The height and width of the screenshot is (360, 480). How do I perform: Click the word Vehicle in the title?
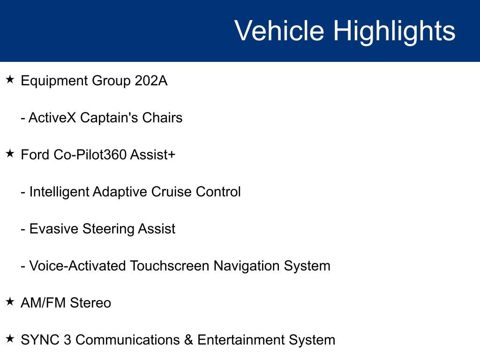pyautogui.click(x=279, y=31)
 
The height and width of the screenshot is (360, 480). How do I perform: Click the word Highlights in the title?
pyautogui.click(x=394, y=31)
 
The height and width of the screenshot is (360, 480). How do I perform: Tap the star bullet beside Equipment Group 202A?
pyautogui.click(x=10, y=80)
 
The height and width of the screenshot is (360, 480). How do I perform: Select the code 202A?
pyautogui.click(x=151, y=81)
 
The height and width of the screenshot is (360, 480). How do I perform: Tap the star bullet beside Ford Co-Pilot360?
pyautogui.click(x=10, y=153)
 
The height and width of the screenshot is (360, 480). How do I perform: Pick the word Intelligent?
pyautogui.click(x=59, y=192)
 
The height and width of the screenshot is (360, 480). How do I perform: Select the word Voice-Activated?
pyautogui.click(x=77, y=266)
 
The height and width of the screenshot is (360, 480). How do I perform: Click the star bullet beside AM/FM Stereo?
pyautogui.click(x=10, y=302)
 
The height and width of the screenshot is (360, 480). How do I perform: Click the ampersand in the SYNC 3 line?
pyautogui.click(x=188, y=340)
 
